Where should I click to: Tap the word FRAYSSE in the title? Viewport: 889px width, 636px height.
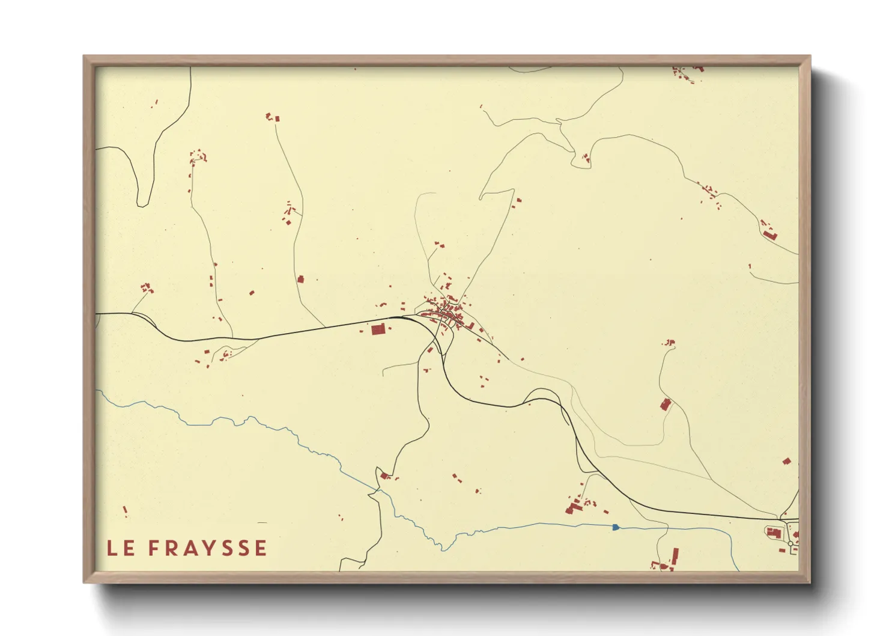[x=207, y=548]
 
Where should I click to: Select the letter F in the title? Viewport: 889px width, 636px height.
[x=153, y=548]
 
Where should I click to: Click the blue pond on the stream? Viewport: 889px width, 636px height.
[x=615, y=527]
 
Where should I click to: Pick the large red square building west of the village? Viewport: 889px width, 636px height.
[x=378, y=329]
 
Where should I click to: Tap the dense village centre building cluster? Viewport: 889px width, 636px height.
[x=448, y=313]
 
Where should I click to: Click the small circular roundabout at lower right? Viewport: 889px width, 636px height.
[x=790, y=543]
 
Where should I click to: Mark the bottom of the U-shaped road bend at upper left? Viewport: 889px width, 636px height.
[x=142, y=204]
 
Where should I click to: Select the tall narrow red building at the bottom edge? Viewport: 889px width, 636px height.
[x=675, y=556]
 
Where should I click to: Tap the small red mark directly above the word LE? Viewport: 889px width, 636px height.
[x=125, y=511]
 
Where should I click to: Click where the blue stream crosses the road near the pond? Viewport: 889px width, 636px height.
[x=667, y=528]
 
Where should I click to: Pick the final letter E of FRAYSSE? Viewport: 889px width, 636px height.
[x=261, y=548]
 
